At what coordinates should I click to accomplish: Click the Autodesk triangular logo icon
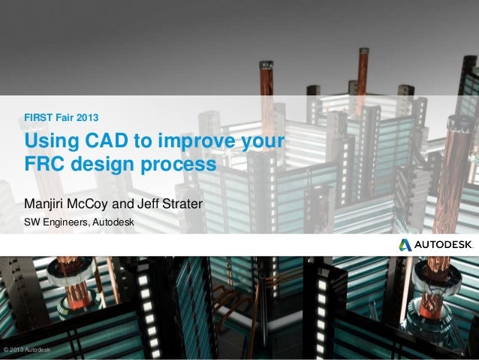(405, 244)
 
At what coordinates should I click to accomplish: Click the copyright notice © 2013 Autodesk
(27, 351)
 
